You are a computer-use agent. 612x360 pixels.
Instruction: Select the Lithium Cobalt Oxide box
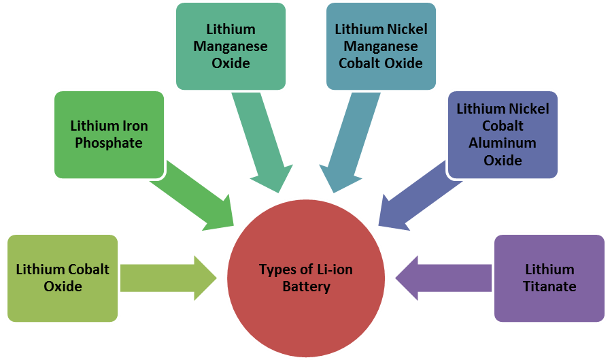click(63, 278)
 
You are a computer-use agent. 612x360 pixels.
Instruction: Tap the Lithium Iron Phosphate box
click(109, 135)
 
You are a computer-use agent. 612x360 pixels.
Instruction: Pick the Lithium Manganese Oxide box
click(231, 46)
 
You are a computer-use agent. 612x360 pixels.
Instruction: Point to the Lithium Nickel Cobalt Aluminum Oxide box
click(503, 135)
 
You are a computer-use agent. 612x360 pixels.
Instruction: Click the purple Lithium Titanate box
click(549, 278)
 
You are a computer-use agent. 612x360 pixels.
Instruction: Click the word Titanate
click(549, 287)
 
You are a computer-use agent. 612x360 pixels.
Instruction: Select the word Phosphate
click(109, 144)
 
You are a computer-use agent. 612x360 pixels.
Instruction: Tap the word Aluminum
click(503, 144)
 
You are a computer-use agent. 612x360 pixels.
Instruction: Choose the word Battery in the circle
click(306, 287)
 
